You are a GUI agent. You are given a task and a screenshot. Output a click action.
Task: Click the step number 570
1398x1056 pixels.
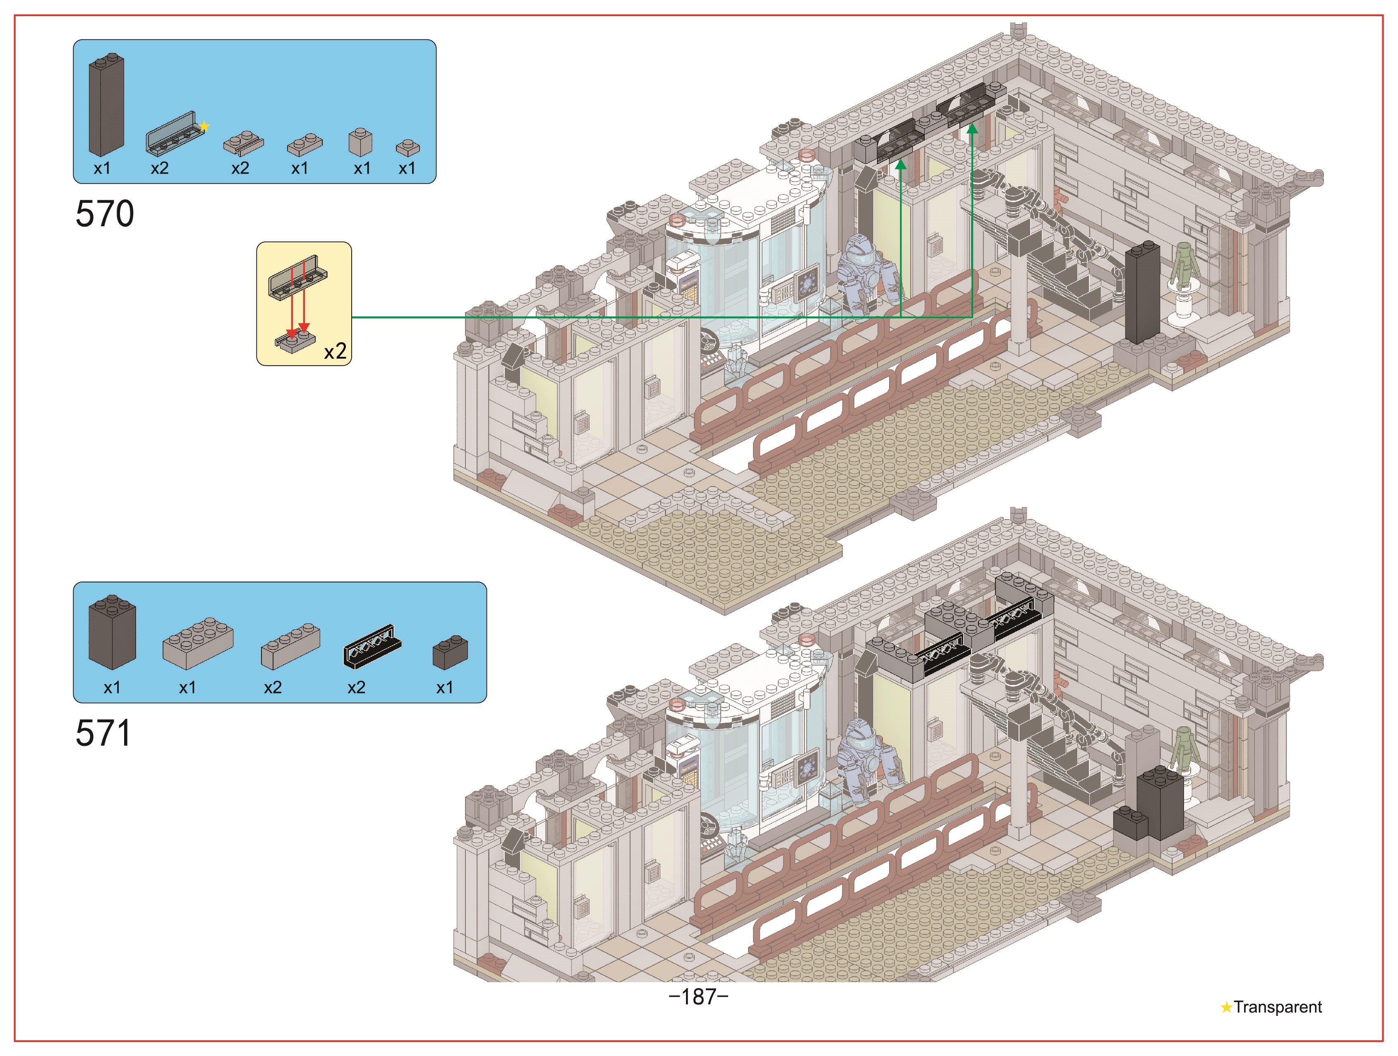[105, 213]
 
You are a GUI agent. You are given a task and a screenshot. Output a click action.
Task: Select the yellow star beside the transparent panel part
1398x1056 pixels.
[204, 127]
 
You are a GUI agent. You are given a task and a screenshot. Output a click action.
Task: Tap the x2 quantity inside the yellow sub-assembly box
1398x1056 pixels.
[335, 351]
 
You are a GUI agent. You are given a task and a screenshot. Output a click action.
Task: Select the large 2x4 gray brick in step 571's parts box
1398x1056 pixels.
[198, 643]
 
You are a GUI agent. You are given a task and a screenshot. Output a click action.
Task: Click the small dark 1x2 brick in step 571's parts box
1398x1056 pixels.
[450, 652]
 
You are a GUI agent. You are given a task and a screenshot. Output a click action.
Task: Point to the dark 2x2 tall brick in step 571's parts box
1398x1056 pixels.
[112, 632]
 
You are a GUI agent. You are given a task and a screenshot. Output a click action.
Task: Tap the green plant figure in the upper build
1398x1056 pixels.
[1185, 266]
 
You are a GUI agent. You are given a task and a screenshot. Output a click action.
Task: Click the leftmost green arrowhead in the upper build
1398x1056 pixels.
[901, 164]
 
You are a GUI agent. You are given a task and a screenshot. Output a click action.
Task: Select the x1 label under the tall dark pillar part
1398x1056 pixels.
[102, 168]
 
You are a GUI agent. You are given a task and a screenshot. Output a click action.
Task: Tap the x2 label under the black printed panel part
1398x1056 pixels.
[357, 687]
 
